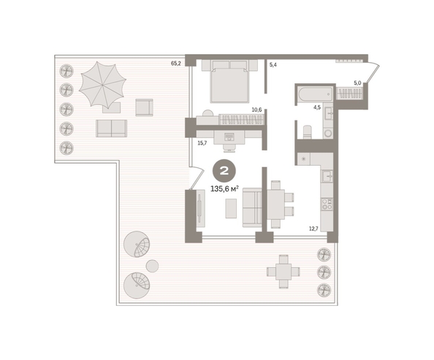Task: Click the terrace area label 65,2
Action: coord(176,64)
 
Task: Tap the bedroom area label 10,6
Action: coord(256,110)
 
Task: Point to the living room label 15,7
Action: coord(202,143)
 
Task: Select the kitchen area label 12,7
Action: coord(314,229)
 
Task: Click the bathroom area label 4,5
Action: coord(317,107)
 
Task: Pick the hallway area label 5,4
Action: coord(273,65)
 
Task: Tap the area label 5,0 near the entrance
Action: coord(357,83)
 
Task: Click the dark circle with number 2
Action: coord(224,172)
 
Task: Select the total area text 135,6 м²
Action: coord(224,189)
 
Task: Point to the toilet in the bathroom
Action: coord(307,132)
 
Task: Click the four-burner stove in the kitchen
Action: coord(327,204)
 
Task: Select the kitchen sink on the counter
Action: coord(327,175)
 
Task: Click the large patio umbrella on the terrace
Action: coord(102,85)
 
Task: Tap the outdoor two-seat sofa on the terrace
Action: coord(112,129)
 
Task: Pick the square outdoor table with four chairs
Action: coord(283,272)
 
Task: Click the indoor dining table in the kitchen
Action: coord(276,204)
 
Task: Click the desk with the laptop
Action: coord(229,137)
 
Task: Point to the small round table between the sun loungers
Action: coord(152,266)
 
